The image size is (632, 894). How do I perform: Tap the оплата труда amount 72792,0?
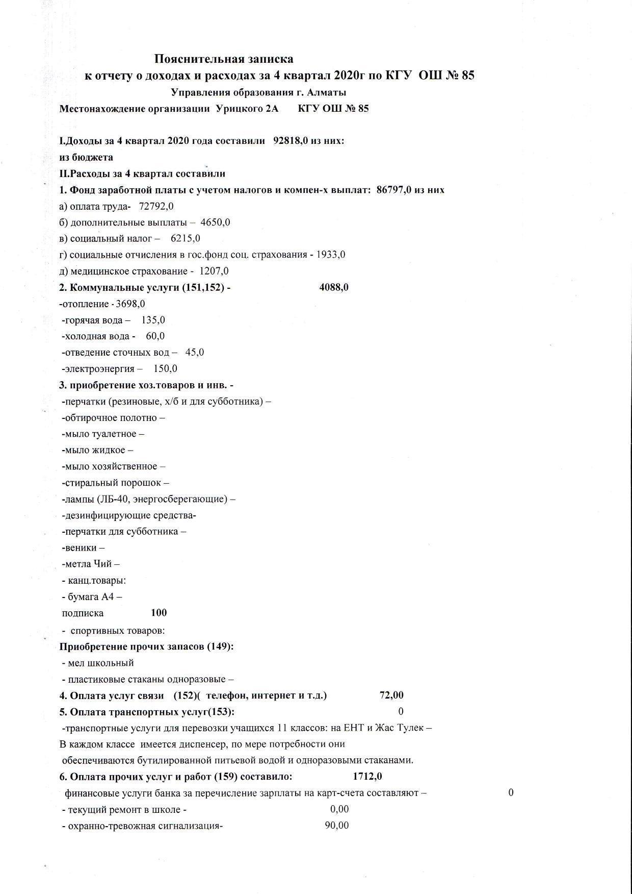click(x=156, y=206)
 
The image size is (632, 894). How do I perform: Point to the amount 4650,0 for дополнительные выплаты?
click(x=215, y=222)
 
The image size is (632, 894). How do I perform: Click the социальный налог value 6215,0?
click(x=186, y=238)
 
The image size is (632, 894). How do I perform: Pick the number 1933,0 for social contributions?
click(x=330, y=255)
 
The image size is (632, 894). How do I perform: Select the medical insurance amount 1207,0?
click(x=214, y=271)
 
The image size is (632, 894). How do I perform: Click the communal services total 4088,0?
click(x=334, y=287)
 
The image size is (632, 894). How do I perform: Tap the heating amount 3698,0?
click(x=130, y=304)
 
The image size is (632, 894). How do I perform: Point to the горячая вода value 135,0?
click(x=153, y=320)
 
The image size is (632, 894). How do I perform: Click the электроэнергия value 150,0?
click(x=165, y=369)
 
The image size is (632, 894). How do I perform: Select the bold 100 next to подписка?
click(x=159, y=613)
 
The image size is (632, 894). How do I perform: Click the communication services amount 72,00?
click(x=391, y=695)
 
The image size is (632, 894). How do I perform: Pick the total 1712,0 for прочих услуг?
click(x=367, y=777)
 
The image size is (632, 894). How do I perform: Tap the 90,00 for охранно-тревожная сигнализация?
click(x=337, y=826)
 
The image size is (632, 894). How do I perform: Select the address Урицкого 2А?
click(x=247, y=109)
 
